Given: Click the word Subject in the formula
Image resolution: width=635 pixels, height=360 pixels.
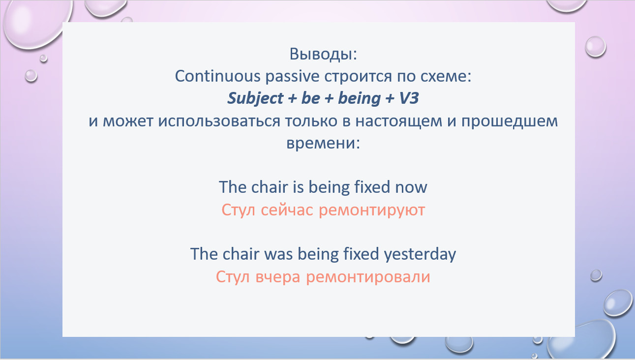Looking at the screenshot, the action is (x=255, y=98).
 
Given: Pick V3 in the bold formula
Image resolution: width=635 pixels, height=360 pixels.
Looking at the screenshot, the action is (x=409, y=98).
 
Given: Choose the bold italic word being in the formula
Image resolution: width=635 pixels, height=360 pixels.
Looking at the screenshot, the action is (x=359, y=98).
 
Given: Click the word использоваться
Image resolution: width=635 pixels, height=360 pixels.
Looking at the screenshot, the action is (x=219, y=121).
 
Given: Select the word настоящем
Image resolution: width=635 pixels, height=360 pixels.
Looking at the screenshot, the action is (x=398, y=121).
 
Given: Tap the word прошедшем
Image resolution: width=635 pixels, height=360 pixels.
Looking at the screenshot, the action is (x=509, y=121).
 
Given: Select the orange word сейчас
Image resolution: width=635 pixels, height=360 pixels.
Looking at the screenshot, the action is (x=287, y=210).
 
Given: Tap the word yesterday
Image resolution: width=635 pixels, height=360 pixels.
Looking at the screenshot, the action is (x=420, y=254).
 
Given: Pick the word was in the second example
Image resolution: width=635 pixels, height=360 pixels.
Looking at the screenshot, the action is (x=278, y=254).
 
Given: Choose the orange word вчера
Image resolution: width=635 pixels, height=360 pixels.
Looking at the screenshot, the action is (x=278, y=277).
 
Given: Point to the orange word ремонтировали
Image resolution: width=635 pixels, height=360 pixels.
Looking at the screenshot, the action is (x=368, y=277).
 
